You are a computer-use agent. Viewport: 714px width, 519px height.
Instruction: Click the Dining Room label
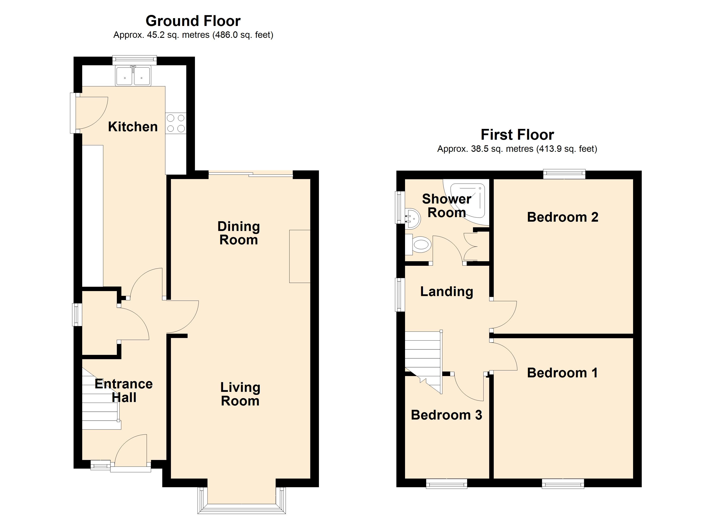click(239, 233)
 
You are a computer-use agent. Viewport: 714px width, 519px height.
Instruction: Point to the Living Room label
click(240, 394)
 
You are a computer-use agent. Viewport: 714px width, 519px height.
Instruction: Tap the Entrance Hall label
click(124, 391)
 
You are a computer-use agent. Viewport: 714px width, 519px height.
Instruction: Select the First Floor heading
click(517, 135)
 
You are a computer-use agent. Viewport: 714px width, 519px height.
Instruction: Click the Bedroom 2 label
click(563, 217)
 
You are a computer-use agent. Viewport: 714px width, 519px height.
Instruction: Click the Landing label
click(447, 292)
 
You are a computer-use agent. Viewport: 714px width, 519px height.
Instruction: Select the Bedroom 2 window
click(564, 174)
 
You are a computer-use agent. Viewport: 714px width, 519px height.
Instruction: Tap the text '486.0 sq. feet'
click(243, 35)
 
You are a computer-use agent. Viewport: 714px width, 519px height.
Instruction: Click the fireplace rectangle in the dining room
click(300, 256)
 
